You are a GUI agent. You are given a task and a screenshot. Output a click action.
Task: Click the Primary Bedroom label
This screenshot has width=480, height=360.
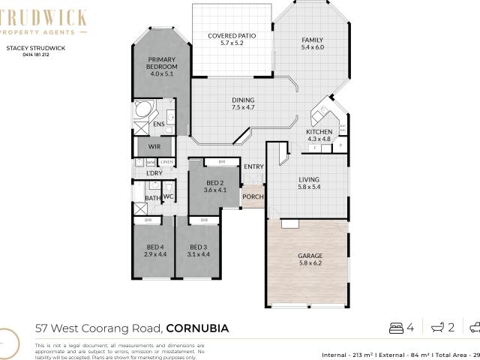(160, 67)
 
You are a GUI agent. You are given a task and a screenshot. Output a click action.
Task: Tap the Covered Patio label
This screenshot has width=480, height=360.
(232, 39)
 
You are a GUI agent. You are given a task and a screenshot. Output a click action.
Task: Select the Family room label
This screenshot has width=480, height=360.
(312, 43)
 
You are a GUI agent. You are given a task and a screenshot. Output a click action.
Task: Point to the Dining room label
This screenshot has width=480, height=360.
(243, 103)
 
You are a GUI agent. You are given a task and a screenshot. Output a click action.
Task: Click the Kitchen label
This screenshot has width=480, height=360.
(319, 135)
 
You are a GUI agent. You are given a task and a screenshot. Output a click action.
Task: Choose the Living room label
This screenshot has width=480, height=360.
(309, 183)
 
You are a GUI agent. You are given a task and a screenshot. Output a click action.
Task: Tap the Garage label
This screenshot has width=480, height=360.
(310, 259)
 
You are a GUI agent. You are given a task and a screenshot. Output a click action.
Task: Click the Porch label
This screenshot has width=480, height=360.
(252, 197)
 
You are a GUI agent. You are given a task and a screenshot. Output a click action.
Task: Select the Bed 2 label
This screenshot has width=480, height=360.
(214, 187)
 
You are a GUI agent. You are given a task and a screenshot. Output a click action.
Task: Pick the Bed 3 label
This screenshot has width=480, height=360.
(197, 251)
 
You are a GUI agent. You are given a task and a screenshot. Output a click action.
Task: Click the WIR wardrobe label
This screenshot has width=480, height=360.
(154, 147)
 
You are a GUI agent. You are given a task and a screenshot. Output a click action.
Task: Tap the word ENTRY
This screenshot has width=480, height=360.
(254, 166)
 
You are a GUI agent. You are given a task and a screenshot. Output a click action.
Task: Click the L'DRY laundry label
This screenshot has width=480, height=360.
(154, 173)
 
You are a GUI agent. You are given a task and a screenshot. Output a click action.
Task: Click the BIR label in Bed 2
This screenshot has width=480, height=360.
(220, 162)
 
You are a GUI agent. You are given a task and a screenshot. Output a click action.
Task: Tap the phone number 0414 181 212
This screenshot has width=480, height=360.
(36, 55)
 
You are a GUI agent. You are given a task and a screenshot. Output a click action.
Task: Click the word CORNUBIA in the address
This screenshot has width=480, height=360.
(197, 328)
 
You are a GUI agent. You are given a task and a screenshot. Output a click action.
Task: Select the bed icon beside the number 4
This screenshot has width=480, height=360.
(396, 328)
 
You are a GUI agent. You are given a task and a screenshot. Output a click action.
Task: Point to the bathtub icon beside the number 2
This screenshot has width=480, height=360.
(436, 328)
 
